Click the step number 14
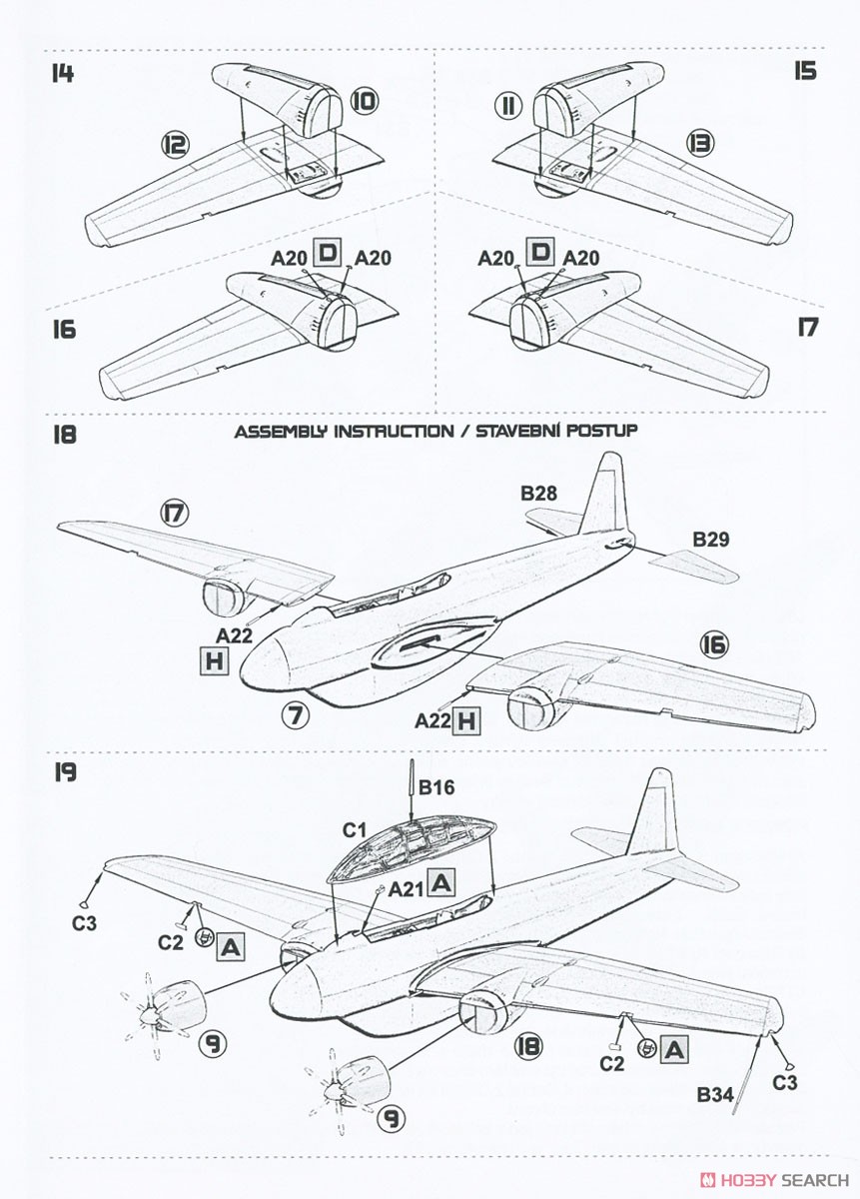[x=63, y=73]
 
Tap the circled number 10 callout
[x=364, y=101]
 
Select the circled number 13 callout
[x=701, y=143]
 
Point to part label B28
[x=539, y=493]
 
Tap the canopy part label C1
[x=354, y=830]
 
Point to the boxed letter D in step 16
[x=327, y=253]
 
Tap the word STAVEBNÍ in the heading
[x=512, y=431]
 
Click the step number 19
[x=65, y=772]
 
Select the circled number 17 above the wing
[x=175, y=515]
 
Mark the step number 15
[x=805, y=71]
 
